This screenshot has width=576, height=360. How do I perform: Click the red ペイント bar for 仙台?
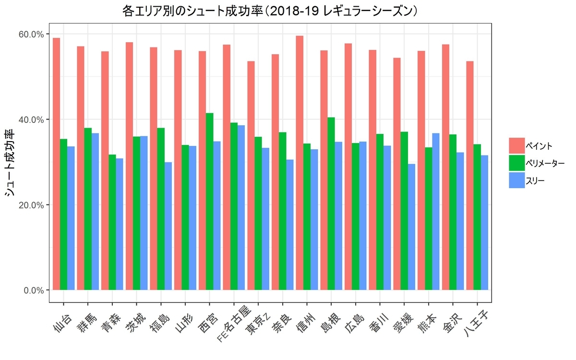[57, 164]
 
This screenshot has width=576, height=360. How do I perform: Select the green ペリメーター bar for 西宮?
[210, 201]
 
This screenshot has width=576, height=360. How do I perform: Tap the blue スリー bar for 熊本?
[436, 211]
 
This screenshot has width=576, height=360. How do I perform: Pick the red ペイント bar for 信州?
[300, 163]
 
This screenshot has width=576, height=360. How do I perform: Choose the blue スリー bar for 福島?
[168, 226]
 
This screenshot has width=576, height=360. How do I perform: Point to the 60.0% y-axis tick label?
[31, 34]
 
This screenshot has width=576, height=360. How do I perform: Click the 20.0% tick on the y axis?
[31, 204]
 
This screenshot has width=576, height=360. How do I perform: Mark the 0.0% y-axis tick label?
[33, 290]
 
